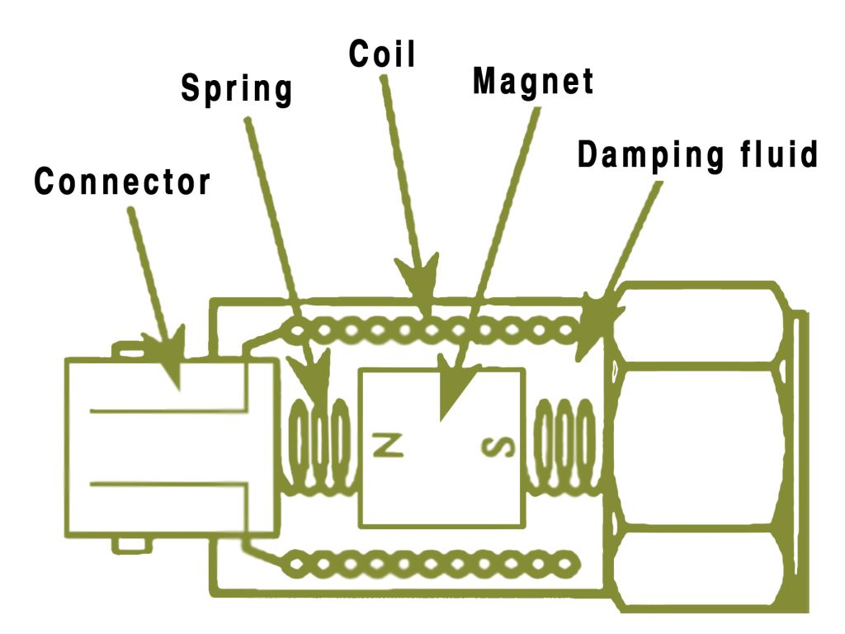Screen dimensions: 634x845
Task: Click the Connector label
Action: point(122,182)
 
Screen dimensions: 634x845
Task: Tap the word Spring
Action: point(237,88)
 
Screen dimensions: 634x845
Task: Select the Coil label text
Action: point(382,54)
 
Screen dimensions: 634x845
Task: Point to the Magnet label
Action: point(533,81)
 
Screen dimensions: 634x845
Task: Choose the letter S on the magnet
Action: point(497,447)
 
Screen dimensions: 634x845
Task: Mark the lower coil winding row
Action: point(429,564)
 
